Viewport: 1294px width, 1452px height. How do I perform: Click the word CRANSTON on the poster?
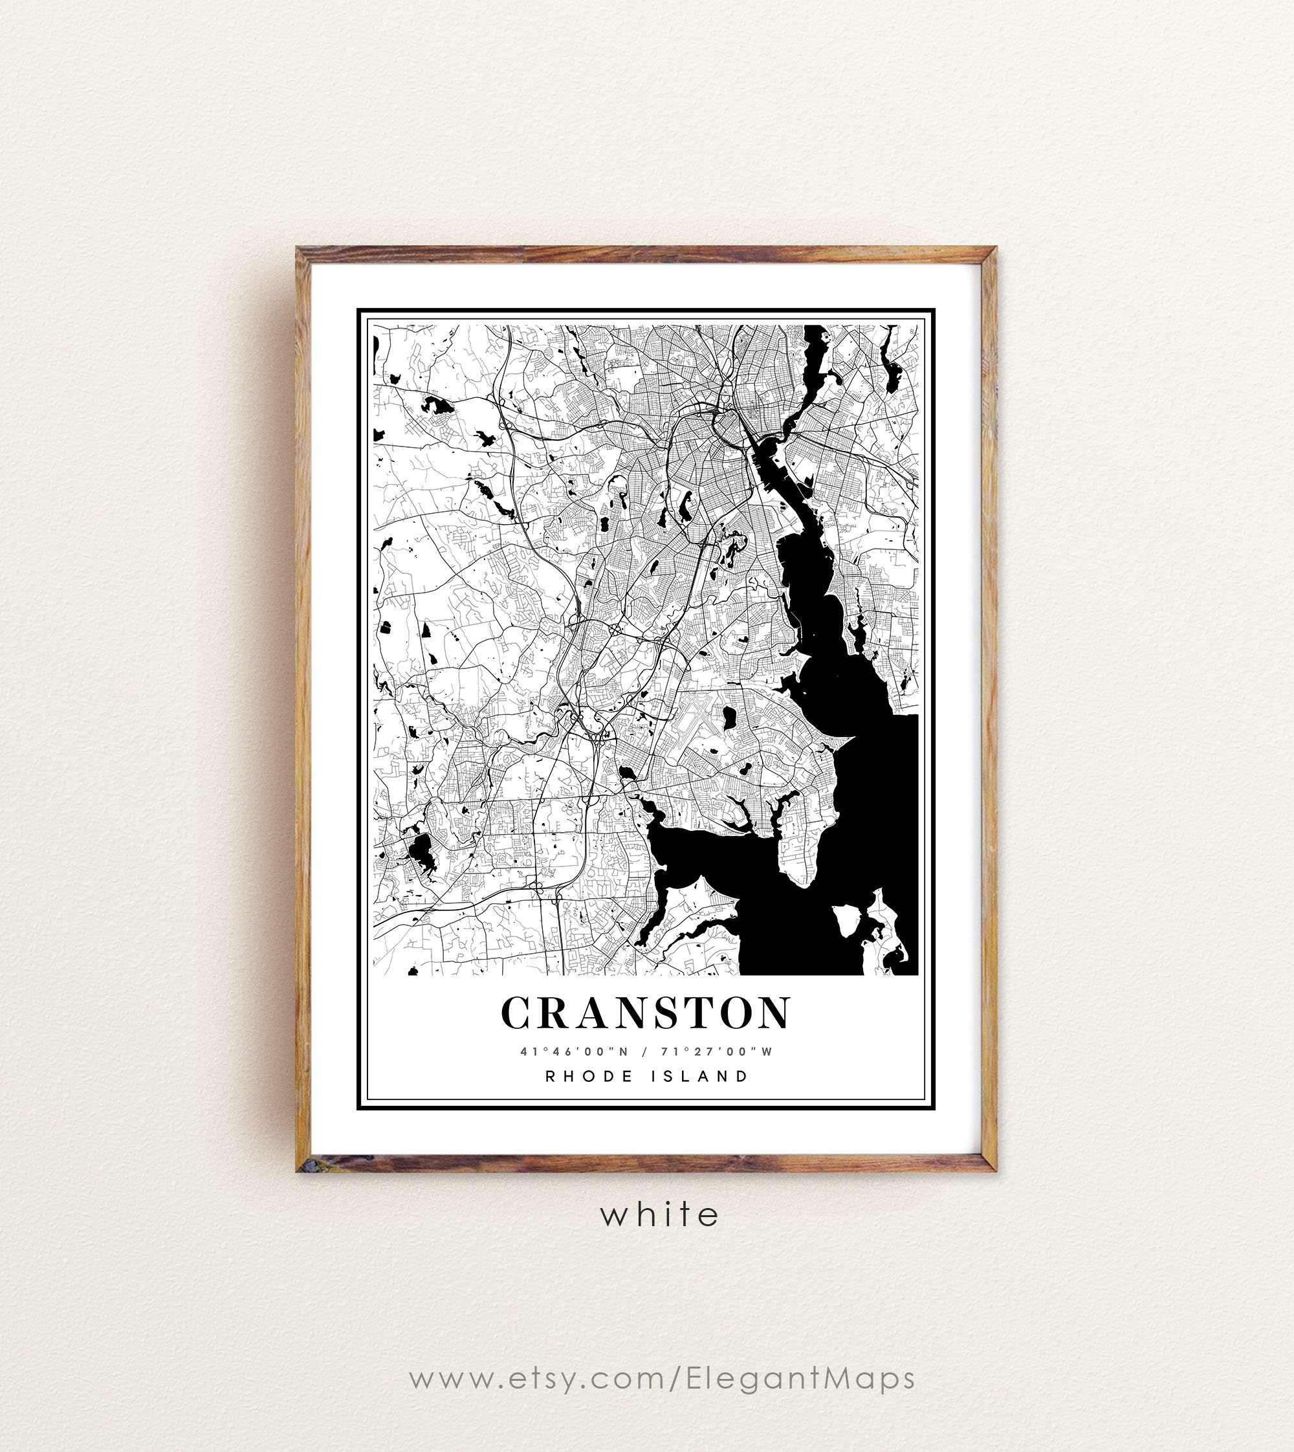[646, 1013]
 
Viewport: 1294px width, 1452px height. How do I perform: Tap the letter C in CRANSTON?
[517, 1013]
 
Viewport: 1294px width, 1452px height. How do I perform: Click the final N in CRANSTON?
[774, 1013]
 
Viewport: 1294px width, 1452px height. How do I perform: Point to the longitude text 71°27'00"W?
[716, 1051]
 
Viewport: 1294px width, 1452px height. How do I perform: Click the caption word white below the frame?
[659, 1215]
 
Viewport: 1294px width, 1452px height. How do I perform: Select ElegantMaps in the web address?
[800, 1378]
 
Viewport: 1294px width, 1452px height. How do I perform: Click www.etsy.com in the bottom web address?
[537, 1378]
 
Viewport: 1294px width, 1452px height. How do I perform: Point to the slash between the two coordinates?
[644, 1051]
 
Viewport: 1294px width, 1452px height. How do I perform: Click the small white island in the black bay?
[847, 921]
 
